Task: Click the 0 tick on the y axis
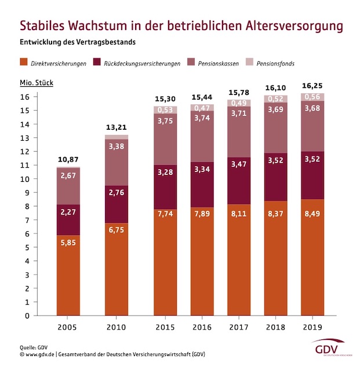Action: pos(27,316)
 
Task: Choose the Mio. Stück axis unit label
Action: pos(37,83)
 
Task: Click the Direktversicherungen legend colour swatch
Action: pos(24,62)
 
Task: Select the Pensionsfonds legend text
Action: pos(271,63)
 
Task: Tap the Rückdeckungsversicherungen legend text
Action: pos(143,63)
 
